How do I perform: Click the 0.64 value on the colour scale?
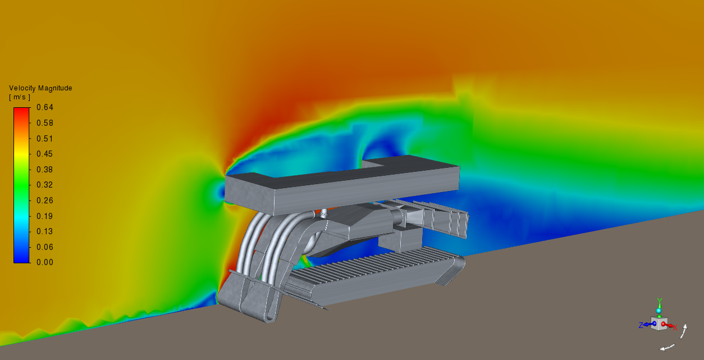pyautogui.click(x=45, y=107)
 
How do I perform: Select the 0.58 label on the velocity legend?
pyautogui.click(x=45, y=123)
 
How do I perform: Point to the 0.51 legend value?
pyautogui.click(x=45, y=139)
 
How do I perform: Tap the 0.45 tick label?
pyautogui.click(x=45, y=154)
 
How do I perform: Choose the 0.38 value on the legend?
pyautogui.click(x=45, y=170)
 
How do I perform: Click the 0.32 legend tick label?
pyautogui.click(x=45, y=185)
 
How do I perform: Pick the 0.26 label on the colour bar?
pyautogui.click(x=45, y=200)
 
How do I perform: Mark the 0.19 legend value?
pyautogui.click(x=45, y=216)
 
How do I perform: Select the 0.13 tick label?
pyautogui.click(x=45, y=231)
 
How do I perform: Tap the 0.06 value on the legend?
pyautogui.click(x=45, y=247)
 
